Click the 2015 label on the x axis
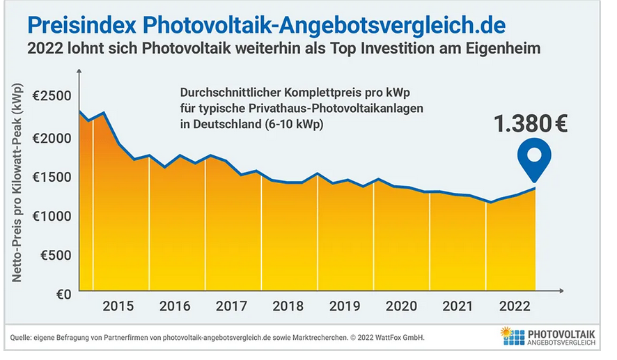tap(118, 307)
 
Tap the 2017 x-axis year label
tap(232, 307)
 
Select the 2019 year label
tap(345, 307)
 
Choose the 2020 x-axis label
tap(401, 307)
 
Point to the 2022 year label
tap(514, 307)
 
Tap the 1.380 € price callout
tap(530, 124)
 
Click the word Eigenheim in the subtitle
tap(504, 49)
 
